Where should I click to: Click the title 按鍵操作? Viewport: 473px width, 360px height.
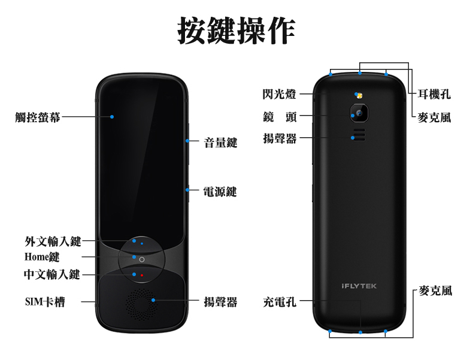point(236,30)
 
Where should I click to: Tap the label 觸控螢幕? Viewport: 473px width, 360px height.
point(38,117)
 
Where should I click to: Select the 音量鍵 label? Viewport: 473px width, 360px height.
point(220,143)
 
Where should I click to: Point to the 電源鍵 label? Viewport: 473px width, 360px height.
point(220,192)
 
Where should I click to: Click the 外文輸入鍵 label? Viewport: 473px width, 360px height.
point(53,241)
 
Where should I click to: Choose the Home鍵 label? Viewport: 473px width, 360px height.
point(42,257)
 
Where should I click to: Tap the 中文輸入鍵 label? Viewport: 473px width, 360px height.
point(52,274)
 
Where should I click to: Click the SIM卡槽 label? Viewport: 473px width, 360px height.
point(45,302)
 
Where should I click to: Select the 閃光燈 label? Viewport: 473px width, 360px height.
point(280,94)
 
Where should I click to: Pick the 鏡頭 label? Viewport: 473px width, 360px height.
point(280,117)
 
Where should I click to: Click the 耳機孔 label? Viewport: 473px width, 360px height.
point(435,95)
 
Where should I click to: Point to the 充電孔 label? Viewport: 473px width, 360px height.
point(280,302)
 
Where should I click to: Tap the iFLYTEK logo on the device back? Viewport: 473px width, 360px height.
point(359,286)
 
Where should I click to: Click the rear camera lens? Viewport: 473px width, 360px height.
point(359,113)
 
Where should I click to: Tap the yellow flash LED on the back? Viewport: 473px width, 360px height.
point(359,96)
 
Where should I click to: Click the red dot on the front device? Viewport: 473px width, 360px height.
point(142,275)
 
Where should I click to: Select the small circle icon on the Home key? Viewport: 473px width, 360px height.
point(142,259)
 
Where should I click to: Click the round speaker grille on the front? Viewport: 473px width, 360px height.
point(141,305)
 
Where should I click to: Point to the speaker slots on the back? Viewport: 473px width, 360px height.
point(359,135)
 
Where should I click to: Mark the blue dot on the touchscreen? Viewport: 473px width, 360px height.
point(112,117)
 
